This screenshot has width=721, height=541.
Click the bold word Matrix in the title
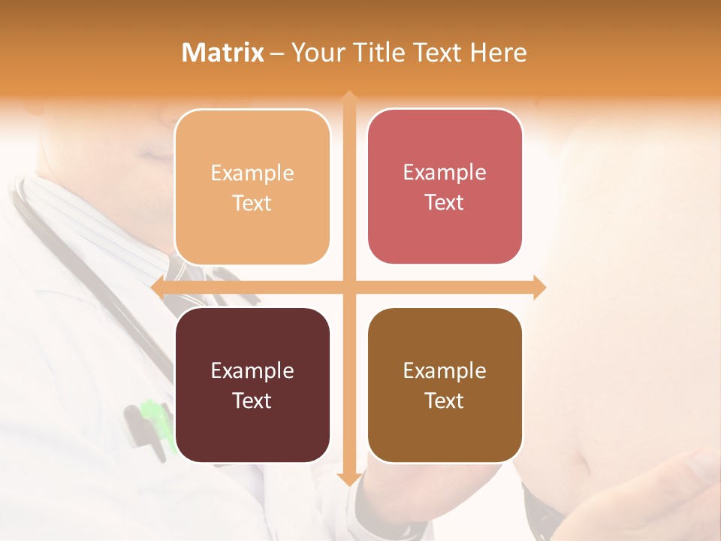click(x=223, y=53)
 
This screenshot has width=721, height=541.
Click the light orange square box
click(x=252, y=187)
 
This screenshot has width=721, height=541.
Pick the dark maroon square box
click(x=252, y=385)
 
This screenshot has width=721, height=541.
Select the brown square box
click(x=445, y=385)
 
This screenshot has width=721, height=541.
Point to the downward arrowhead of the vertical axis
click(x=348, y=479)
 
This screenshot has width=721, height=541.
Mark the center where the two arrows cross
click(x=348, y=287)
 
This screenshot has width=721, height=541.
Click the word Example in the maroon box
click(x=252, y=371)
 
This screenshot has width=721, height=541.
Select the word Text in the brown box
click(x=445, y=400)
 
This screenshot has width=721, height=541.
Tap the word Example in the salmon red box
click(x=445, y=173)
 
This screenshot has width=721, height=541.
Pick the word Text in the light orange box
click(x=252, y=203)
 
